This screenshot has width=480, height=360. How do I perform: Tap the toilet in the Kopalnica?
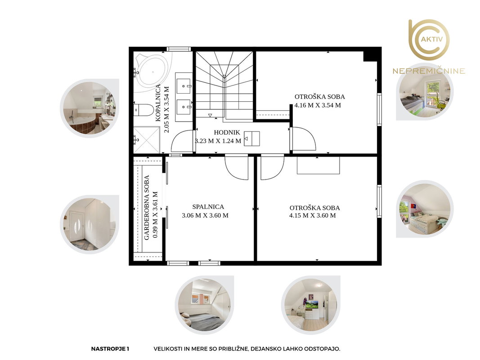coord(143,110)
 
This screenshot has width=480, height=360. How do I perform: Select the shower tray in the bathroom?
coord(147,140)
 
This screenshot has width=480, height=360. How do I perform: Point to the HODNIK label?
coord(227,133)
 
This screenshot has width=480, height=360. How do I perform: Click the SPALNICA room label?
coord(208,207)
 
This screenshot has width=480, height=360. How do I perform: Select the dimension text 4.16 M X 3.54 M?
coord(318,105)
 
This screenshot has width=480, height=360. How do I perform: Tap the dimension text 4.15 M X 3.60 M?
coord(313,216)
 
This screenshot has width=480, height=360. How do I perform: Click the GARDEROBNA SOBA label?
coord(147,207)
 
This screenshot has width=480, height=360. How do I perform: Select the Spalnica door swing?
coord(236,168)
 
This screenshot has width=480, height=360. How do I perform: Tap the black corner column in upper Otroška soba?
coord(370,56)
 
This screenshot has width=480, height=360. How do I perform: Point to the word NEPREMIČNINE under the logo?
coord(429,71)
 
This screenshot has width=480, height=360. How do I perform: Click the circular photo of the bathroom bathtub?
coord(90,108)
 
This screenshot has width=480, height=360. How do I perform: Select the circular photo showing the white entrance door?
coord(90,225)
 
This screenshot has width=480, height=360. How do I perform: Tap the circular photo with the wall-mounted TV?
coord(311,305)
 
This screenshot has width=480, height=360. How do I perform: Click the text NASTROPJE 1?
coord(110,349)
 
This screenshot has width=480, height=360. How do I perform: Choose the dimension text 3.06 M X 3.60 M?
coord(205,216)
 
